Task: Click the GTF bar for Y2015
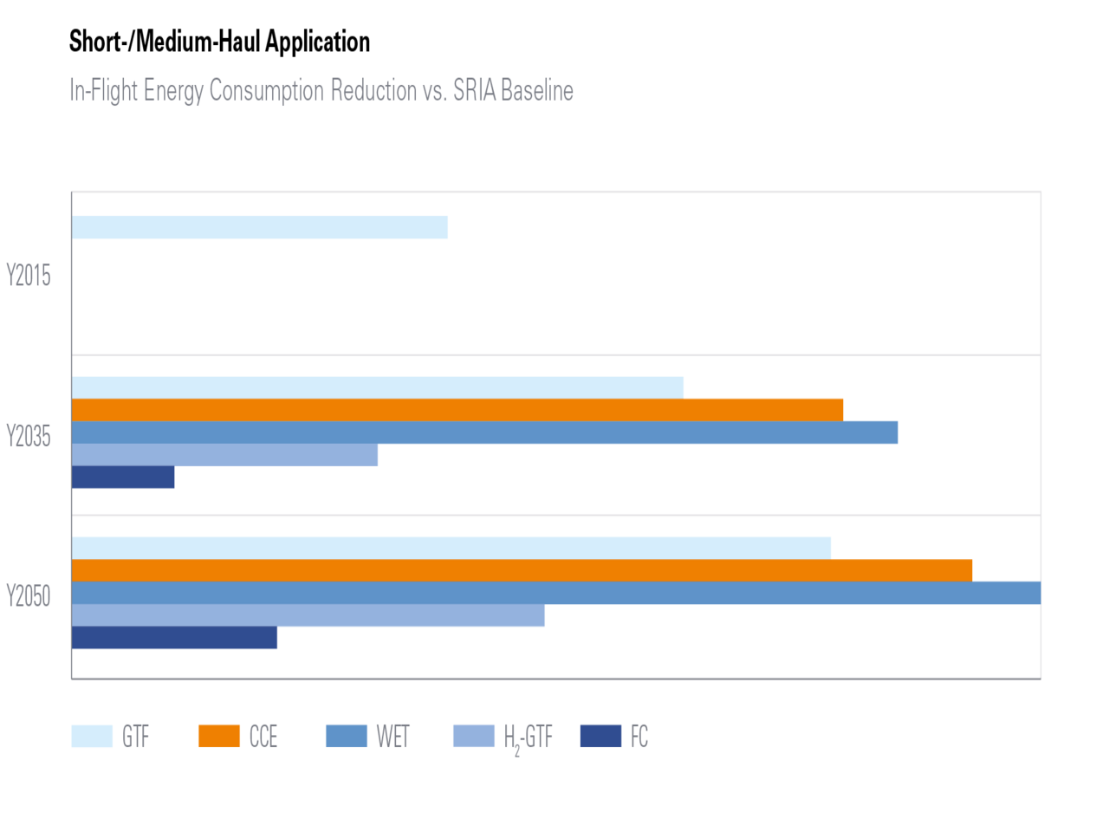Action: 260,227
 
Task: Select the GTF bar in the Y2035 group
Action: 378,387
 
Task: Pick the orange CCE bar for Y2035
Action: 457,409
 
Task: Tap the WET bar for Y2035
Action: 485,432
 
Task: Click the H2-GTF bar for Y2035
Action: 225,455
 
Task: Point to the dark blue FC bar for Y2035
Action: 124,478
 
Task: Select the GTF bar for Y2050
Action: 451,547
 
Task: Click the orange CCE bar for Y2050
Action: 522,569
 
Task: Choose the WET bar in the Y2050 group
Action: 555,593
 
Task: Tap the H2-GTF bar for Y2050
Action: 308,615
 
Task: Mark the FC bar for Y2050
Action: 175,638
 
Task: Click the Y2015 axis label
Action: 29,276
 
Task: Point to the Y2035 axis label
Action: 29,436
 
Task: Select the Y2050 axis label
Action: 29,596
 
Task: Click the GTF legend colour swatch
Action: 92,736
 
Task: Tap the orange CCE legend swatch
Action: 218,736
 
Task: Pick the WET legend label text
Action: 392,737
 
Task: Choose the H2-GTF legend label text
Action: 528,738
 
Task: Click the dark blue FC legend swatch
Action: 600,736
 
